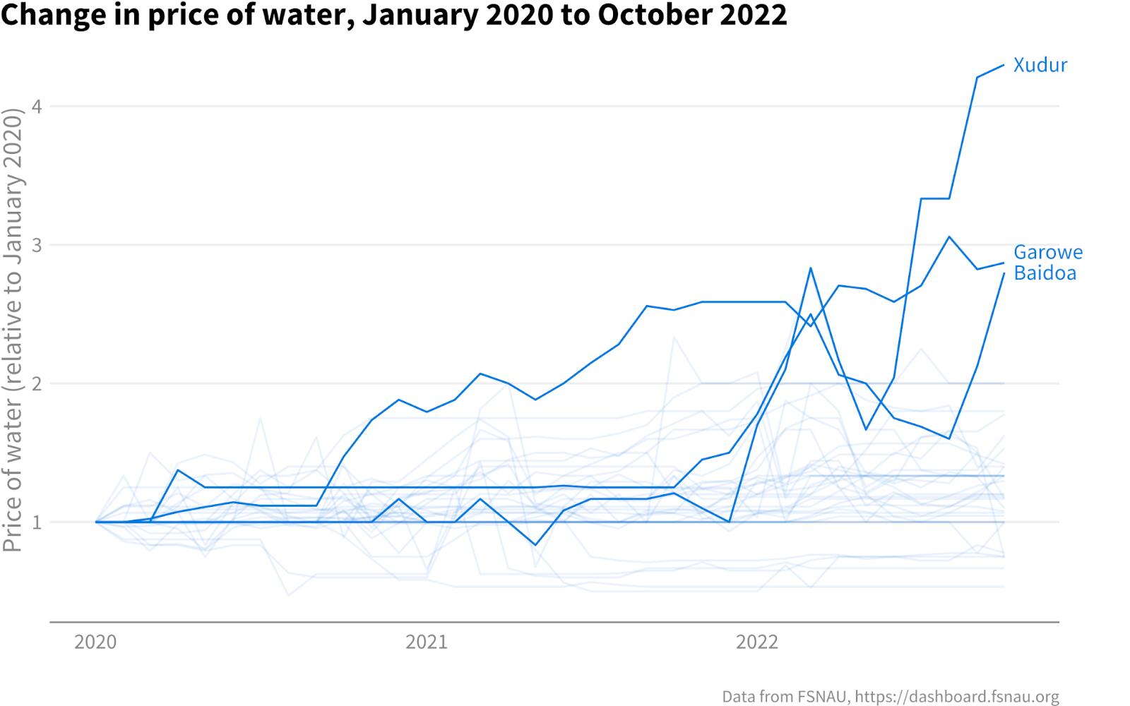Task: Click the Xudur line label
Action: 1040,65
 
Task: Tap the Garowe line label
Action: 1047,252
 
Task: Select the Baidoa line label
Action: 1045,273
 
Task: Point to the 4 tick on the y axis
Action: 37,107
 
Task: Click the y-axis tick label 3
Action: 37,245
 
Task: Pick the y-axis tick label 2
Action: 37,384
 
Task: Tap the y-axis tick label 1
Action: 37,522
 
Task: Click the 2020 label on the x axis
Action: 95,642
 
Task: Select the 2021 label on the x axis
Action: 426,642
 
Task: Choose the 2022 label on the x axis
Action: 756,642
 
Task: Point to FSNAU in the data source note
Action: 822,696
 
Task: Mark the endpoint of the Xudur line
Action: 1004,66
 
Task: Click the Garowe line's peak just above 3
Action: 949,237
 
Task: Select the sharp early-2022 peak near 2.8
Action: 811,268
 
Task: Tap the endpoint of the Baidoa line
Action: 1004,274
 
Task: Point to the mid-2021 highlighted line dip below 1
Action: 535,545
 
